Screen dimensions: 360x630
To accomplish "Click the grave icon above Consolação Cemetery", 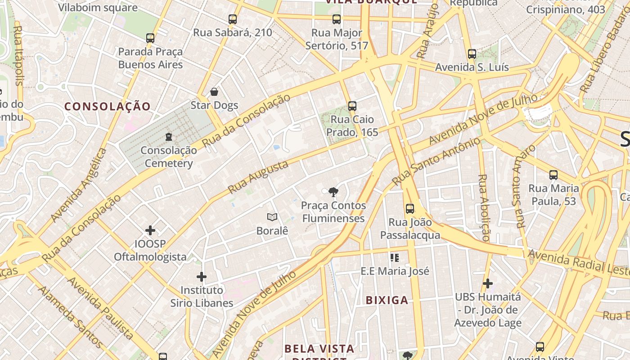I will [x=169, y=136].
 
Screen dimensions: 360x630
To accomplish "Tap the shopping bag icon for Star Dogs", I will [x=214, y=92].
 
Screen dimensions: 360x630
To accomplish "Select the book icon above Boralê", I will [x=272, y=217].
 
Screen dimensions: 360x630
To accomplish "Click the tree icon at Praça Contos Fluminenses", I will [x=333, y=192].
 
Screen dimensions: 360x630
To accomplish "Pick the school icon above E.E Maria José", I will [x=395, y=258].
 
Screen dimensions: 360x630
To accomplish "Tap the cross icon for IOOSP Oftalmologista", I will [x=150, y=231].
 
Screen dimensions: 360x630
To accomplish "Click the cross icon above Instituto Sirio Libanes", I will [x=202, y=276].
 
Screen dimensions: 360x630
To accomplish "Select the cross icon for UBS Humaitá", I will [x=488, y=283].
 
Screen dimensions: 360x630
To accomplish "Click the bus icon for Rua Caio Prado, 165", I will [x=352, y=106].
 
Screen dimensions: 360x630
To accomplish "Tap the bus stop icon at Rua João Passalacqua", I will [x=410, y=209].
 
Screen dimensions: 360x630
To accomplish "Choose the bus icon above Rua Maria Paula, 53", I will [x=553, y=175].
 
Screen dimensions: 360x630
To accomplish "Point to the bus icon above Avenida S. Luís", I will [x=472, y=54].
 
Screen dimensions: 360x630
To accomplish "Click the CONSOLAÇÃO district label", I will [x=107, y=107].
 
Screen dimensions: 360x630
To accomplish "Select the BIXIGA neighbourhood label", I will [x=387, y=300].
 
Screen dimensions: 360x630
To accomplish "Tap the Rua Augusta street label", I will [x=258, y=177].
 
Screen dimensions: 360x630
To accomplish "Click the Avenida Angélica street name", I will [x=79, y=184].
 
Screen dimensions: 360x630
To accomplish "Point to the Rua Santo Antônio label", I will [x=436, y=162].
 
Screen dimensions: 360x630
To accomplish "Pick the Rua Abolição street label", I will [x=483, y=207].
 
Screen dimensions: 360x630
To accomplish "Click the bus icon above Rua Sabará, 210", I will [x=233, y=19].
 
